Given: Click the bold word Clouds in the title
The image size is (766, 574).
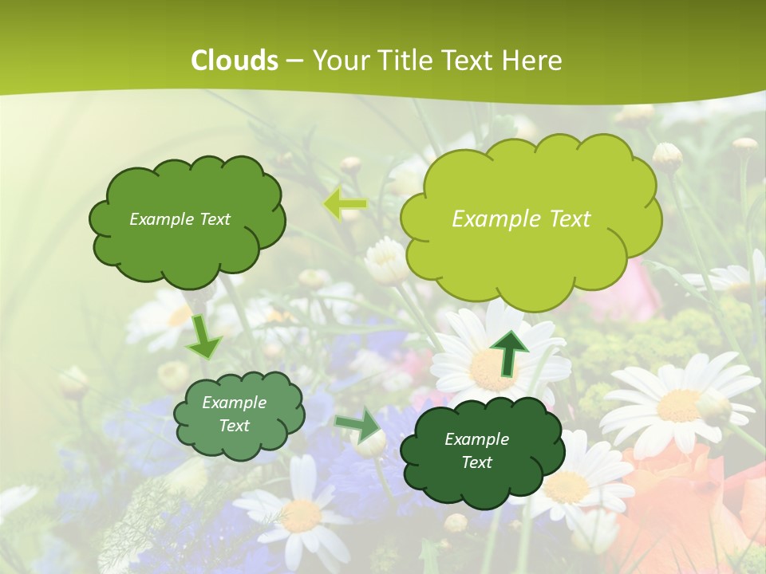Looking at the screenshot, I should [235, 61].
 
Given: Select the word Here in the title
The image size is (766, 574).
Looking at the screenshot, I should [532, 61].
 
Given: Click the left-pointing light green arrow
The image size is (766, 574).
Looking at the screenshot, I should [345, 204].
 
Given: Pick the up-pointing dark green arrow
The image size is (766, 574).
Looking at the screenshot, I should [509, 352].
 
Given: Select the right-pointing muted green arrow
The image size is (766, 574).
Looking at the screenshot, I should [358, 427].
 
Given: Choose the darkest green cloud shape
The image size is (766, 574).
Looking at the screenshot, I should [476, 450].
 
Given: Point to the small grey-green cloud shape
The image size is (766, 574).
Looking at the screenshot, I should [239, 415].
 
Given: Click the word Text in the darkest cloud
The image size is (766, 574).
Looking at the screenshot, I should [476, 462].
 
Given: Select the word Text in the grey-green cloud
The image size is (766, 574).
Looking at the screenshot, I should [235, 426].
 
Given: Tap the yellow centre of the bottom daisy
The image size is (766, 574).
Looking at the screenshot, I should [301, 517].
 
